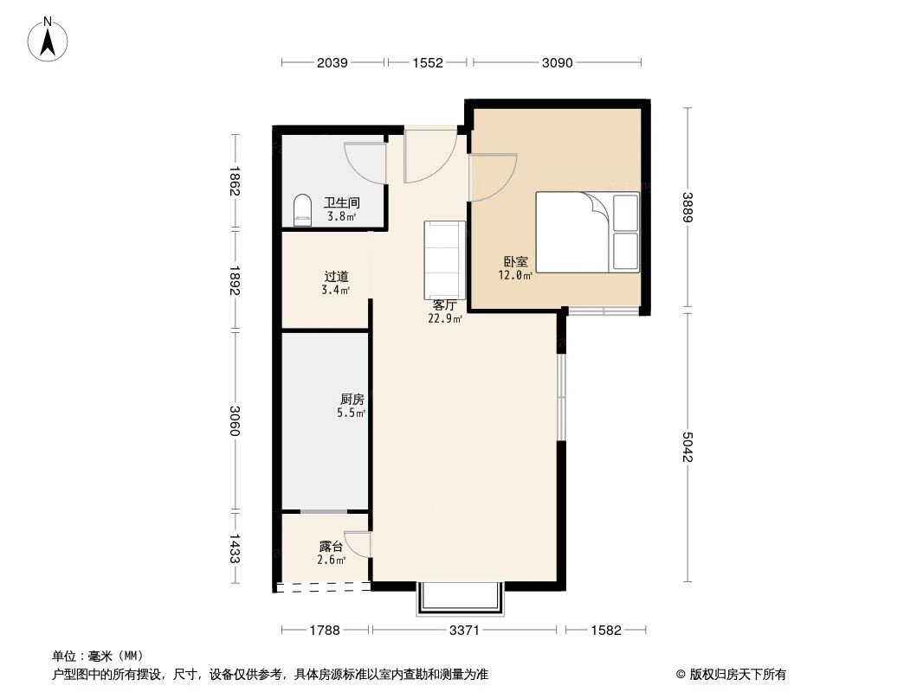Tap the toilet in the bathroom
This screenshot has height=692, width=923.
pos(302,210)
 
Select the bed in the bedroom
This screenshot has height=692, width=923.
pos(587,230)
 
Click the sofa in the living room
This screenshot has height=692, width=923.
pos(444,259)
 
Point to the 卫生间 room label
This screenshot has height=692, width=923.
pos(342,203)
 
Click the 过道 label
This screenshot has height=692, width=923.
pos(338,277)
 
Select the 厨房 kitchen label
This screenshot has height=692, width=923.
pos(352,400)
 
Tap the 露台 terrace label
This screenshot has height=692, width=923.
pos(331,547)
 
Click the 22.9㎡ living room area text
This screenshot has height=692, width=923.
pos(444,318)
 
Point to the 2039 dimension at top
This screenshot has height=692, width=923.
pos(332,62)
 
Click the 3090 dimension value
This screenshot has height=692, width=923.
pos(557,62)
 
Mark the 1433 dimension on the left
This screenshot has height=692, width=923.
pos(234,548)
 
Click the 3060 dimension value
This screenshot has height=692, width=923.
pos(234,421)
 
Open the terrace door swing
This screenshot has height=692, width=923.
pos(358,543)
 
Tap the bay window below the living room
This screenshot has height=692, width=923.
pos(460,598)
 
